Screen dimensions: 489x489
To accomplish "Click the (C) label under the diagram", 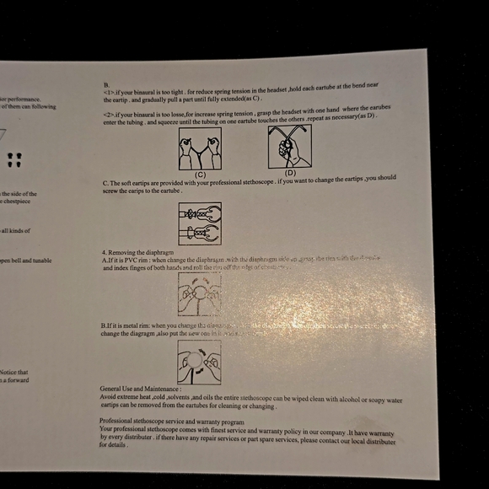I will pyautogui.click(x=201, y=174).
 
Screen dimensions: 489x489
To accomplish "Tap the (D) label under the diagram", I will pyautogui.click(x=290, y=173).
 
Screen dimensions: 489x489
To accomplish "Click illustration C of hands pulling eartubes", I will pyautogui.click(x=200, y=148).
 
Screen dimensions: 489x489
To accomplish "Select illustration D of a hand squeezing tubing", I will pyautogui.click(x=290, y=147).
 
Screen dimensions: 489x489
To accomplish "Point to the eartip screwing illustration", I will pyautogui.click(x=200, y=223).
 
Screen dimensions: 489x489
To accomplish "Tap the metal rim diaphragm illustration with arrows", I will pyautogui.click(x=199, y=362).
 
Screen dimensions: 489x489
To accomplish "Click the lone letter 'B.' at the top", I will pyautogui.click(x=107, y=85).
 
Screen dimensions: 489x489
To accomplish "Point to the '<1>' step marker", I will pyautogui.click(x=109, y=92).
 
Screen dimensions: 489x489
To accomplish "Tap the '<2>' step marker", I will pyautogui.click(x=109, y=114).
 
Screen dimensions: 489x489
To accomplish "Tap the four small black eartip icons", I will pyautogui.click(x=13, y=158).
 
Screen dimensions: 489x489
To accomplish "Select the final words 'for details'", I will pyautogui.click(x=114, y=444).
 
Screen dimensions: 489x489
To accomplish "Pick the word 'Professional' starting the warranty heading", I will pyautogui.click(x=117, y=421).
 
